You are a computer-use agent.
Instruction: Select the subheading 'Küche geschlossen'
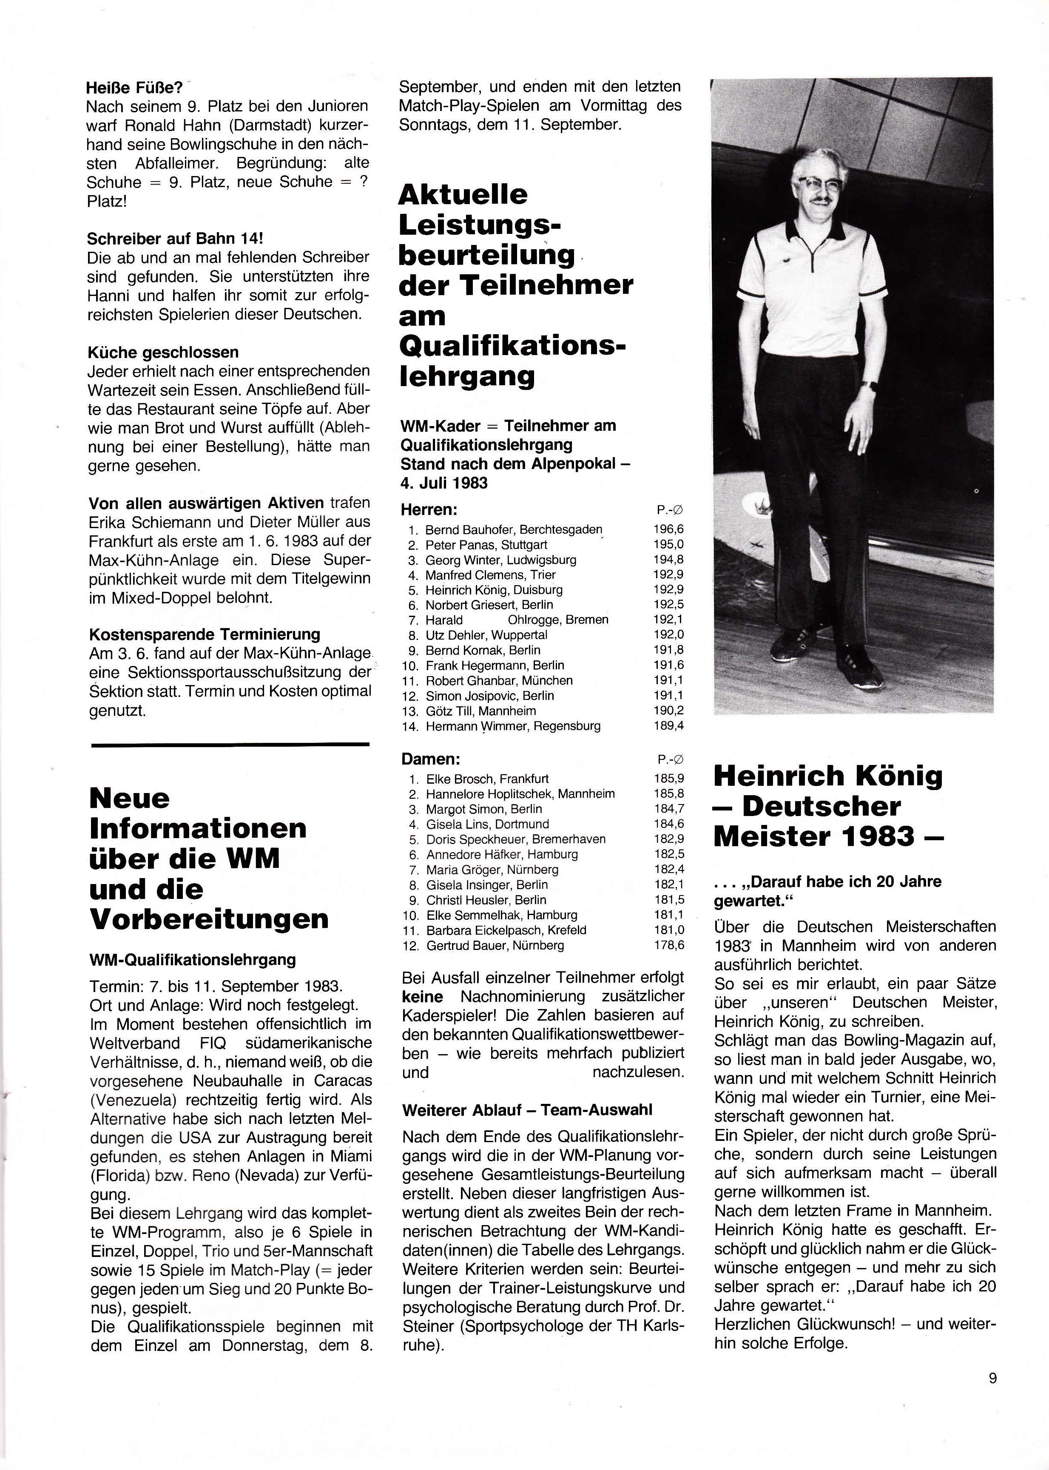[163, 352]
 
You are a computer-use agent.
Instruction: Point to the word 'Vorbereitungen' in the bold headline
[209, 918]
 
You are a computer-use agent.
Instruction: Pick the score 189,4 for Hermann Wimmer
[668, 725]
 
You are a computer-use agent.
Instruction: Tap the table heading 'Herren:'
[429, 509]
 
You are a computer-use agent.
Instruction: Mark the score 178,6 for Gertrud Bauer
[668, 946]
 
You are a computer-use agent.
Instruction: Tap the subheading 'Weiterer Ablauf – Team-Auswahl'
[526, 1109]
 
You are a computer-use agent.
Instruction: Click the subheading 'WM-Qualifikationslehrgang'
[193, 959]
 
